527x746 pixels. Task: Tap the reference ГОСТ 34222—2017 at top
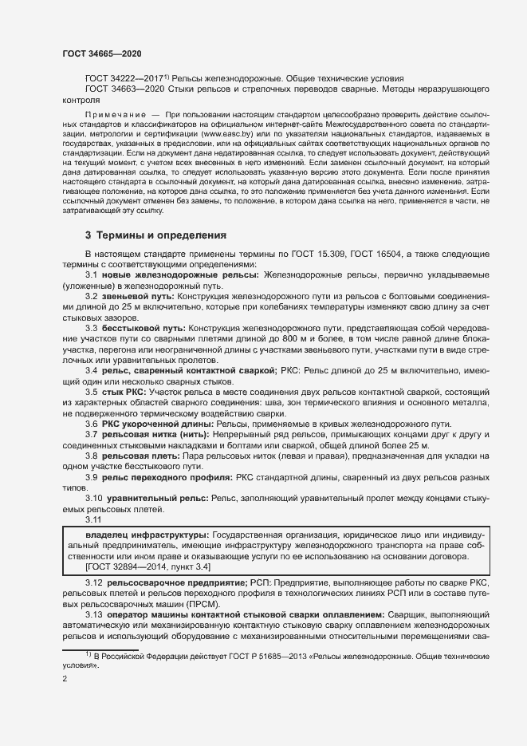(122, 78)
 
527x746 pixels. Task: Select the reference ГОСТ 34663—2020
(122, 89)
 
